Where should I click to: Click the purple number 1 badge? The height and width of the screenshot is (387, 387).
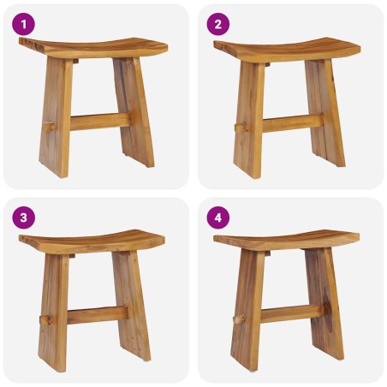click(23, 23)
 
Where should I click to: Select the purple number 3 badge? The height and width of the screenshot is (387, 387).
click(23, 217)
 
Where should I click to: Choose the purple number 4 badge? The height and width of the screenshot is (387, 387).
click(217, 217)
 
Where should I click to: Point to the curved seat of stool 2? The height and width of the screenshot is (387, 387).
click(287, 46)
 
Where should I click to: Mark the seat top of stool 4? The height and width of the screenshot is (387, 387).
click(287, 240)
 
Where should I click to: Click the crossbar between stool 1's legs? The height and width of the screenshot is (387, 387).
click(98, 122)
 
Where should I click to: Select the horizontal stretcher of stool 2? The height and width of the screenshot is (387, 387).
click(291, 122)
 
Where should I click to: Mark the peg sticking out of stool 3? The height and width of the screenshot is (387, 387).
click(43, 322)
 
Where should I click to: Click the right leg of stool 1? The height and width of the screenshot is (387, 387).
click(136, 111)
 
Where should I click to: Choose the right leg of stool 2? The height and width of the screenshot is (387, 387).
click(327, 111)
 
